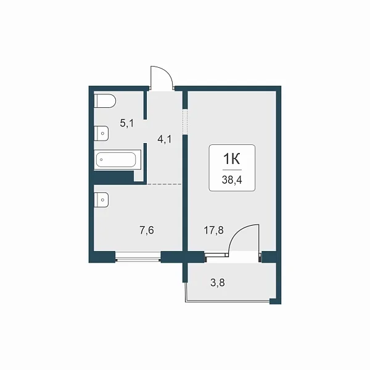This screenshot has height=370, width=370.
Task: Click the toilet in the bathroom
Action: [105, 101]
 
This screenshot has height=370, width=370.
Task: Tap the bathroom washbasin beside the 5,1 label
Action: [101, 133]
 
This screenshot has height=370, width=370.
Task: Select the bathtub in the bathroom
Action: [118, 160]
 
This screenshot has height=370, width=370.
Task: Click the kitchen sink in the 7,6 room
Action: [101, 200]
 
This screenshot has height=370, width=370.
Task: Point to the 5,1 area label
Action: [126, 123]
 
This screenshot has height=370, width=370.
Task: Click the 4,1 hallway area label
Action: [165, 139]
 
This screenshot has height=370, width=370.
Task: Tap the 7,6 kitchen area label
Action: [147, 230]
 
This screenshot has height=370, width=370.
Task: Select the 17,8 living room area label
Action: [213, 230]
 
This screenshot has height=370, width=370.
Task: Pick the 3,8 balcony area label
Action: [218, 282]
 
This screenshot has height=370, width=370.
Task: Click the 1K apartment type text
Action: [232, 159]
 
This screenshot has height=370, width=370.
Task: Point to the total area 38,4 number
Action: [232, 180]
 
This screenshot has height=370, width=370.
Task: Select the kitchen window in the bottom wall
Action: [138, 257]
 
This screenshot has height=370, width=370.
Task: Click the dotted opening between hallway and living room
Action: [185, 121]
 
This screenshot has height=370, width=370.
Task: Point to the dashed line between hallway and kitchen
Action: [165, 184]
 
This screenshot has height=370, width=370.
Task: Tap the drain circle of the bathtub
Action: [101, 160]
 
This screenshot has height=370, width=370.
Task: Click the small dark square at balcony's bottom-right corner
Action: [276, 301]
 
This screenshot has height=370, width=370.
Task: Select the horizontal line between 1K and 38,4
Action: [232, 170]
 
